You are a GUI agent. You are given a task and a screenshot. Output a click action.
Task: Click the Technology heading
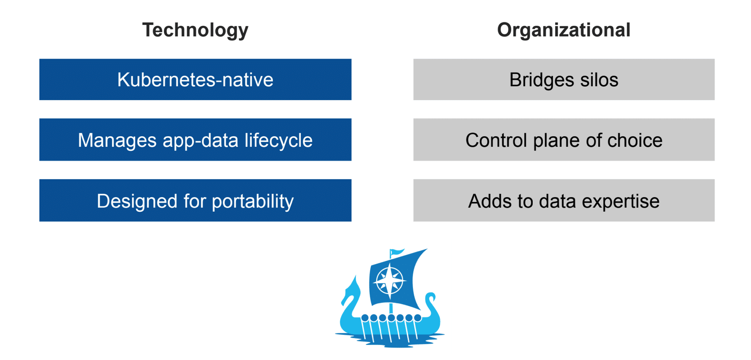(195, 31)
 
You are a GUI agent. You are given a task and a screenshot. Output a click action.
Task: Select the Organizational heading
(564, 31)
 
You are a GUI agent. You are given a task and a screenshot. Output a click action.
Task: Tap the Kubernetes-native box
(195, 79)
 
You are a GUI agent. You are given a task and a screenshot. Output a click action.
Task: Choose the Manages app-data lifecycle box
(195, 140)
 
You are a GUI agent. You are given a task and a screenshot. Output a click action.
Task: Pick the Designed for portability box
(195, 200)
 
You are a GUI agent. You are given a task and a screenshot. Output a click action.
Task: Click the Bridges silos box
(564, 79)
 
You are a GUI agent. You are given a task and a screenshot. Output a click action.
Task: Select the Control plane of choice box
(564, 140)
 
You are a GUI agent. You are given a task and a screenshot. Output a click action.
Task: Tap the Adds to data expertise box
(564, 200)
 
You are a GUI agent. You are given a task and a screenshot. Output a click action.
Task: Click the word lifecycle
(278, 141)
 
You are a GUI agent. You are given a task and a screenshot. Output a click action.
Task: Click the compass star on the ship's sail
(389, 281)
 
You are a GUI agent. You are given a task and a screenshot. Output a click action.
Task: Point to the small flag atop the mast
(397, 252)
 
